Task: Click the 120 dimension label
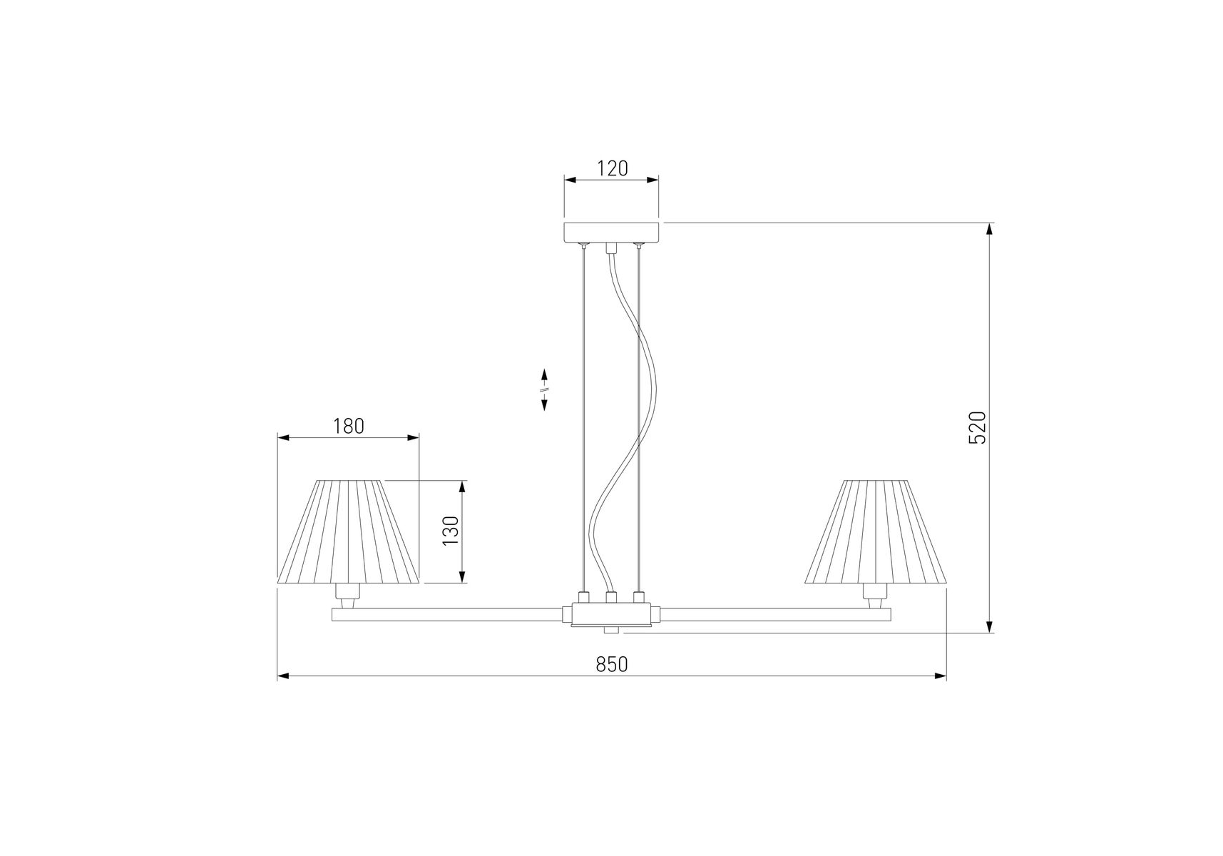[x=612, y=168]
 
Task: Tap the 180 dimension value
[x=349, y=426]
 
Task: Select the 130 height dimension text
[x=451, y=531]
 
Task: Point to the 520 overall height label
[x=977, y=427]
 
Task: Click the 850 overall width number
[x=612, y=664]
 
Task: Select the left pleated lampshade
[x=348, y=531]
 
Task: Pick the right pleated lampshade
[x=876, y=531]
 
